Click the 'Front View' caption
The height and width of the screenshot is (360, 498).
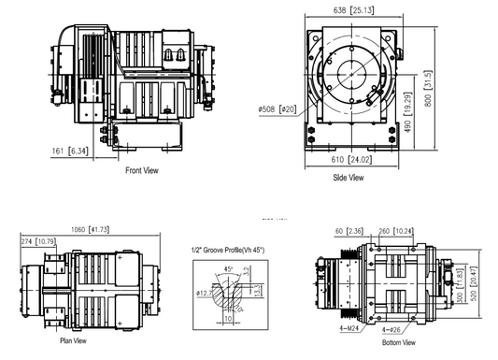[141, 171]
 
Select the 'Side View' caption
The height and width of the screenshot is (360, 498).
[349, 176]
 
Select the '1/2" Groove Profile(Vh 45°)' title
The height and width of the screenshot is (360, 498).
[229, 249]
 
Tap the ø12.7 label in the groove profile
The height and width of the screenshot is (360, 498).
[204, 293]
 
